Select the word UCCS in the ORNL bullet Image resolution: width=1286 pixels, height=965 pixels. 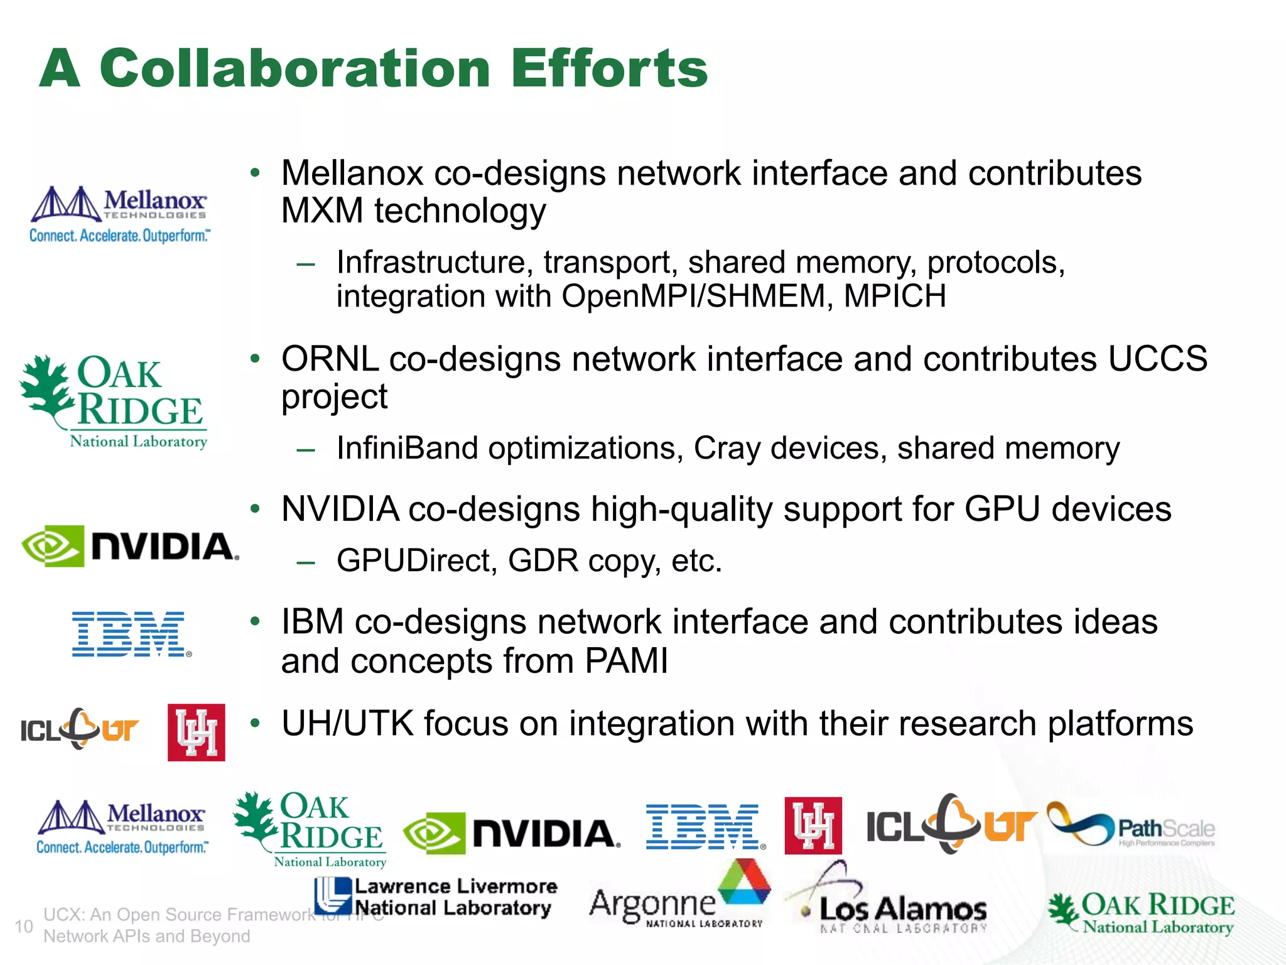1157,359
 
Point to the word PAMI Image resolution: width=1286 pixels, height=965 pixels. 626,661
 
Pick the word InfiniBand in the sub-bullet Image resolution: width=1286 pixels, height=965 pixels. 408,449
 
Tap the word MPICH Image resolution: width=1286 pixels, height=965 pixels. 895,296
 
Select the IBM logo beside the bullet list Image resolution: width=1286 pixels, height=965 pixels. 131,634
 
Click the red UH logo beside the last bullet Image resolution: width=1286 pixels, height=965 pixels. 196,733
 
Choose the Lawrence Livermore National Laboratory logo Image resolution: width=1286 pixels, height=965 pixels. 435,897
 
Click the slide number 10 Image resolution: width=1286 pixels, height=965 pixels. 24,926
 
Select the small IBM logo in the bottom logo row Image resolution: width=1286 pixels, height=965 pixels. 705,827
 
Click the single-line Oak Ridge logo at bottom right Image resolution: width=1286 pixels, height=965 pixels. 1141,913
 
